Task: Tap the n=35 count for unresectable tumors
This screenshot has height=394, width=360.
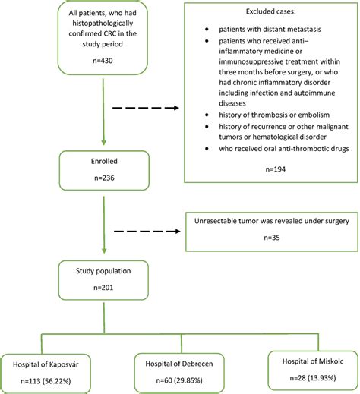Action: click(x=272, y=236)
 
